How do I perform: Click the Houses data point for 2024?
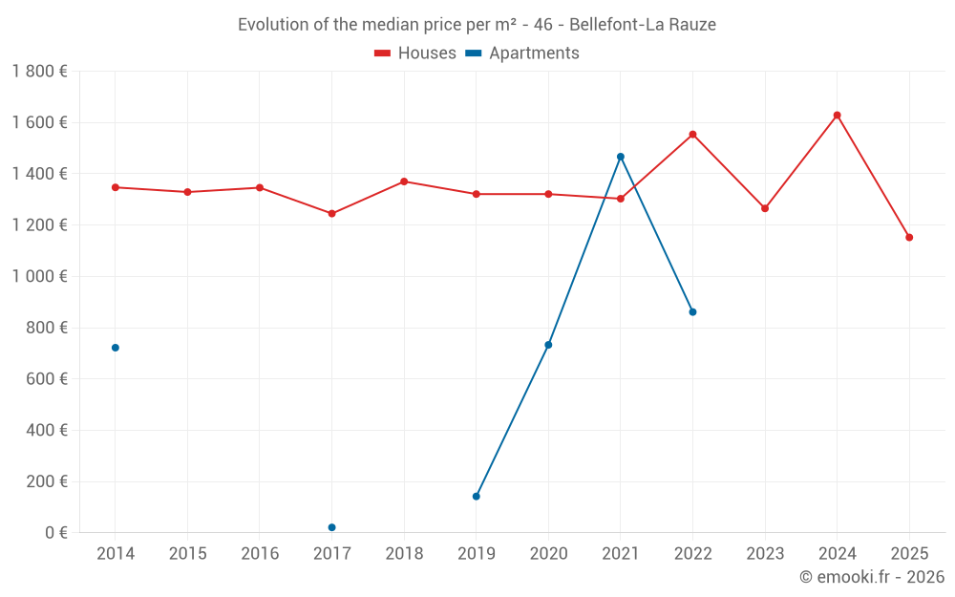837,116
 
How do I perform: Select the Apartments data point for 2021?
620,157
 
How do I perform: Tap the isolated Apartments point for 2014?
116,348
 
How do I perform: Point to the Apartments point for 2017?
331,527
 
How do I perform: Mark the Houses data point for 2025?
909,237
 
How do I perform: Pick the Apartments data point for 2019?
476,496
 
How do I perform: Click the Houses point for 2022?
692,135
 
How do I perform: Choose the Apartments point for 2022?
692,311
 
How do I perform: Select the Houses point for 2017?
331,214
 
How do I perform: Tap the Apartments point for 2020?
548,345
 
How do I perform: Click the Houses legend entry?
415,53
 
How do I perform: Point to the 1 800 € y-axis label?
40,72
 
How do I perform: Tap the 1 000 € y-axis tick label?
40,276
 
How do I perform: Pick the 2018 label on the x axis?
404,554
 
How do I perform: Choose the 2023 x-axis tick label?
765,554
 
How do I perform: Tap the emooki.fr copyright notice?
871,577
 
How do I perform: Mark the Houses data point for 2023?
765,208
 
